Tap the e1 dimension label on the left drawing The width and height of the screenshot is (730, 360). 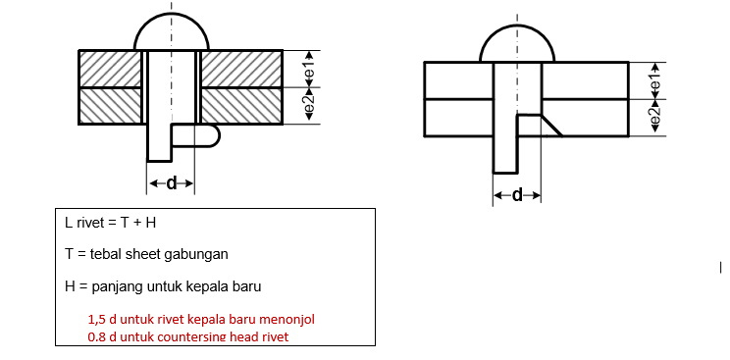point(310,70)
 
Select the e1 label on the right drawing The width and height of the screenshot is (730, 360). point(654,80)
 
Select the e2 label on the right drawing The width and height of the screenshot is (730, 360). point(654,117)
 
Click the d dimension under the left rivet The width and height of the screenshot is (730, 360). point(172,182)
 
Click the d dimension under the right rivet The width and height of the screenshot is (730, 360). point(517,194)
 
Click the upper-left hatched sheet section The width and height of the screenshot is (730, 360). point(111,70)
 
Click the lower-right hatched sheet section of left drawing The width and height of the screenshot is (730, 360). point(241,106)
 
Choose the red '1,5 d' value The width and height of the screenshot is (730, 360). point(102,320)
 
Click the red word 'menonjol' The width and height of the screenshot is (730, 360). point(285,320)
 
